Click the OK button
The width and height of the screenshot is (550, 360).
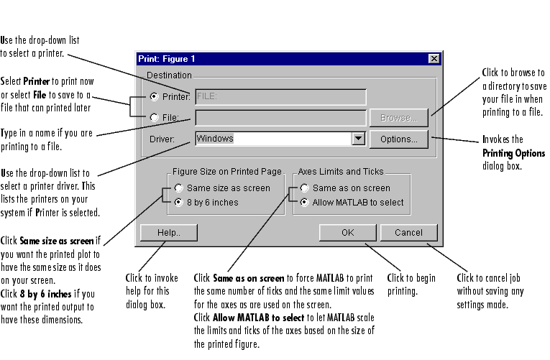coord(348,233)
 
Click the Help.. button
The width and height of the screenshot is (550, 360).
coord(159,233)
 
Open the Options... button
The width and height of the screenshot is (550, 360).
coord(398,139)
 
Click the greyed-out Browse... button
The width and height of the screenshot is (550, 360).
coord(398,117)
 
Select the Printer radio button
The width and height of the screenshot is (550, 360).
coord(155,97)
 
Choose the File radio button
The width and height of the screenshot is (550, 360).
coord(155,117)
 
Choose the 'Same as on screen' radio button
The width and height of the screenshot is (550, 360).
coord(305,188)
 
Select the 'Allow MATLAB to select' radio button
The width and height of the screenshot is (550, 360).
coord(305,203)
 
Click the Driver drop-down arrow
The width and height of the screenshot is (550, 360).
coord(359,139)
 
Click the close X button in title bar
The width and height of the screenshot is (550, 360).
coord(434,59)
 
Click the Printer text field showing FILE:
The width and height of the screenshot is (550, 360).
coord(280,97)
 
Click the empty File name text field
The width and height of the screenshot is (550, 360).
coord(280,117)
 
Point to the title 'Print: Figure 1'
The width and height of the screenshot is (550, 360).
coord(167,59)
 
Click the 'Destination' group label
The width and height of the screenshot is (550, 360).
coord(169,75)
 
